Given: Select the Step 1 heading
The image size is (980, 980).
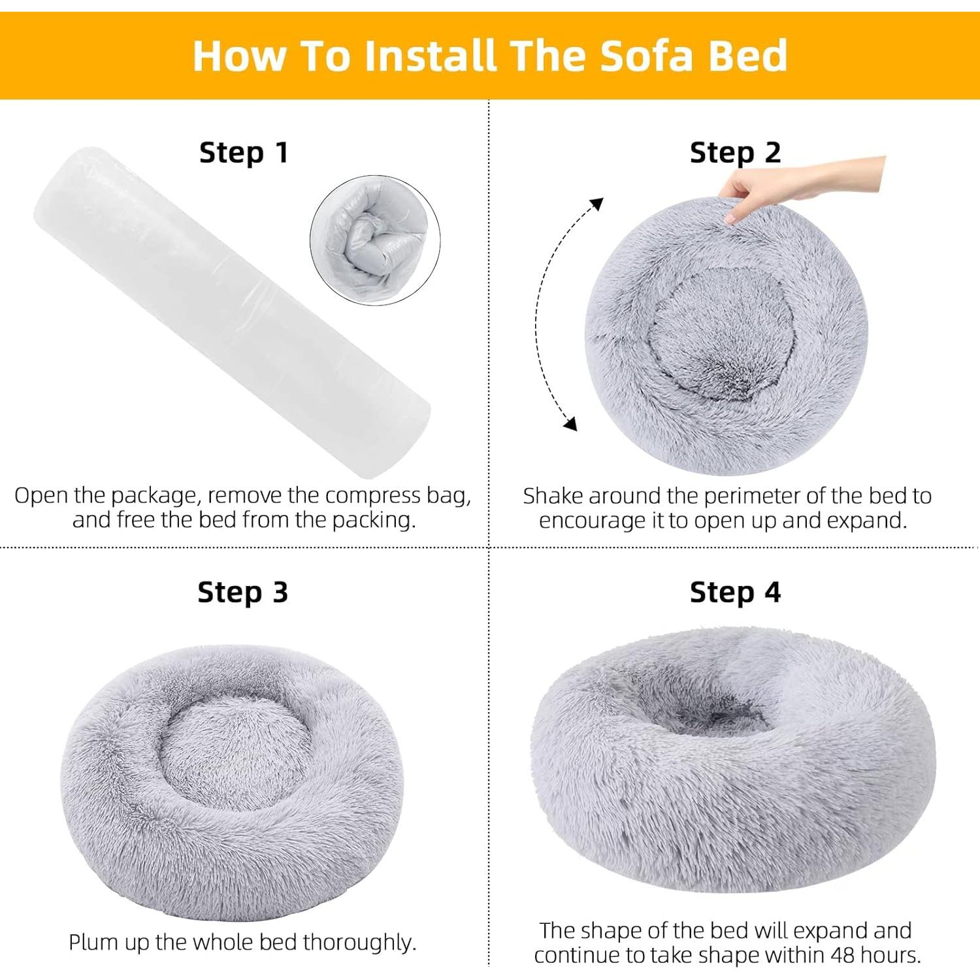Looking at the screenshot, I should [x=243, y=152].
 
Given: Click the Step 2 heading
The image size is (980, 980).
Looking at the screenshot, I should [x=735, y=152].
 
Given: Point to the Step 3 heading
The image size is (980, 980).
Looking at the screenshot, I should [x=242, y=592].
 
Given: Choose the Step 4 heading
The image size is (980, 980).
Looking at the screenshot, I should [x=735, y=592].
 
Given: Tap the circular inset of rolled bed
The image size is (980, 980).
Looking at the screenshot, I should [x=375, y=240].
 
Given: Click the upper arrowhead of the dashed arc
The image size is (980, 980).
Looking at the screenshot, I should [x=595, y=204].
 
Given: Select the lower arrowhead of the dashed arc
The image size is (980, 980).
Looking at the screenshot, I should [x=570, y=424].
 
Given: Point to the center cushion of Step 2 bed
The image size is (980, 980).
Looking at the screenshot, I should [x=722, y=333].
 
